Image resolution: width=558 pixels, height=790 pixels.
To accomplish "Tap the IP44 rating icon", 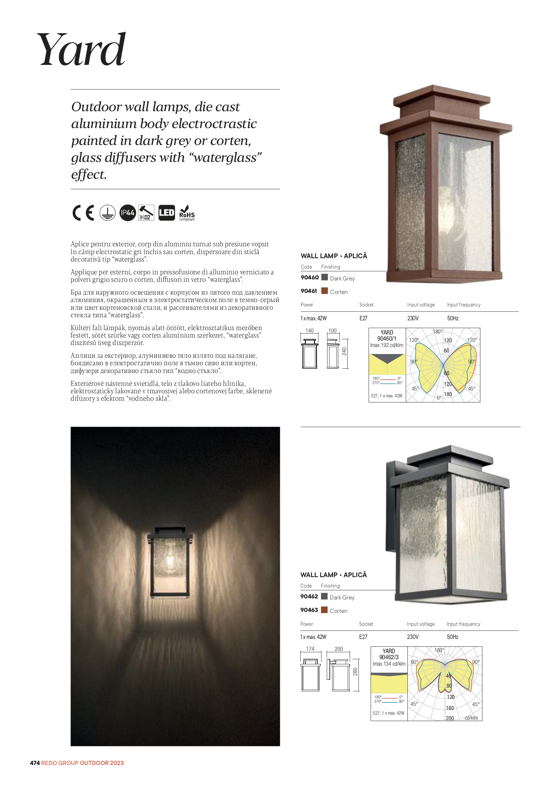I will point(128,213).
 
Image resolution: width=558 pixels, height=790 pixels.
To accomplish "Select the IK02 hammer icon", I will point(146,213).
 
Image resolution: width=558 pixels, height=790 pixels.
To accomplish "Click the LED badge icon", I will point(166,213).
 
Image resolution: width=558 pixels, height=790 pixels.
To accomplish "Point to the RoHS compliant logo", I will point(187,213).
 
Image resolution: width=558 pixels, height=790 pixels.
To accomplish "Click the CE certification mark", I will point(83,213).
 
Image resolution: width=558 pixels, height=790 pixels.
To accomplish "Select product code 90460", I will point(310,277).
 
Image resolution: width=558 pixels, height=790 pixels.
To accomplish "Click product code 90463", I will point(309,610).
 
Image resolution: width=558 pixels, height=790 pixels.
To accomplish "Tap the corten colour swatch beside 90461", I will point(324,291).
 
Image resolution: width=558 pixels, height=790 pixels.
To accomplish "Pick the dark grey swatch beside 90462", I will point(324,596).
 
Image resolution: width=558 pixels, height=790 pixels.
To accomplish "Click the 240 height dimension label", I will point(344,351).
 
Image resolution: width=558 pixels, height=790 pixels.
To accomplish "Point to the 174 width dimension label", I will point(310,649).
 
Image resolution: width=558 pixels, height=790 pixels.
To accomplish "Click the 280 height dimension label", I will point(355,671).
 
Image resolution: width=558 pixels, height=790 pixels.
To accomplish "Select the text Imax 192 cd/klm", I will point(387,345).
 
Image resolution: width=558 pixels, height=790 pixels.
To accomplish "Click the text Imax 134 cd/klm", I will point(389,664).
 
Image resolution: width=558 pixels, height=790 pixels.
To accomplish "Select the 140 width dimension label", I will point(310,331).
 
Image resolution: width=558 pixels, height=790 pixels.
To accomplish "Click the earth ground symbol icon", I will point(108,213).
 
